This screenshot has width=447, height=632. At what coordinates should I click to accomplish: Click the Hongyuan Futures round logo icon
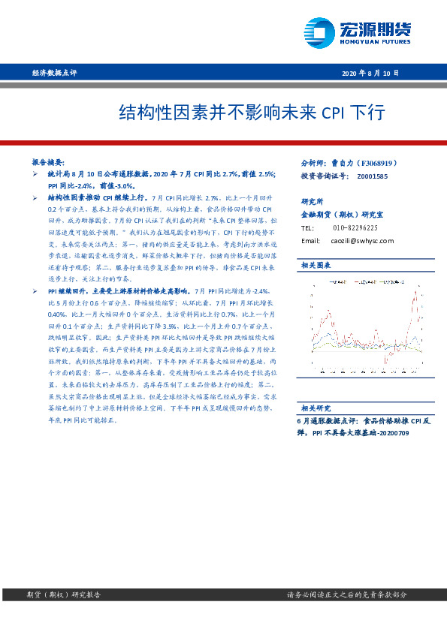(319, 32)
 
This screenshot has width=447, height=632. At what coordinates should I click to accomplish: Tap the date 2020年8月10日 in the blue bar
(371, 73)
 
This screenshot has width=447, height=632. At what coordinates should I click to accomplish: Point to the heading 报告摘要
(48, 162)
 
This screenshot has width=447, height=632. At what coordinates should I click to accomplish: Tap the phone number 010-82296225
(355, 227)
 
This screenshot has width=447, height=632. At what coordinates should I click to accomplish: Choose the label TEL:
(307, 227)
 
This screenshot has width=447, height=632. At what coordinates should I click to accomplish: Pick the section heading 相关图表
(315, 266)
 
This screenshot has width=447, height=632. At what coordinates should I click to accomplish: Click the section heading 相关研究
(315, 408)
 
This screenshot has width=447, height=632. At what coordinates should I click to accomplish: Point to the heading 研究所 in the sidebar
(312, 201)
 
